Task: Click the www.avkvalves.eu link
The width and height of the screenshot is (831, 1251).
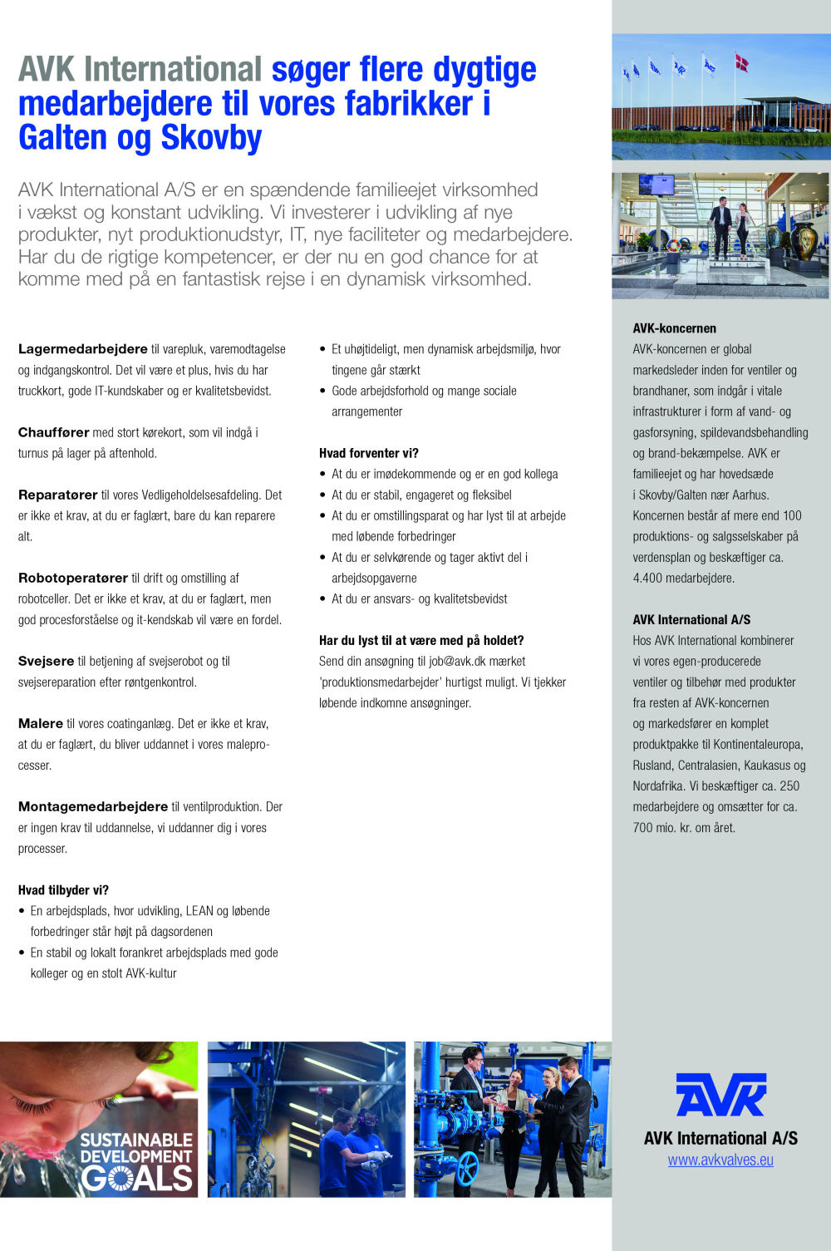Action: tap(720, 1160)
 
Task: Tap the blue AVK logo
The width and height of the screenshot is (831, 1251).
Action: tap(720, 1094)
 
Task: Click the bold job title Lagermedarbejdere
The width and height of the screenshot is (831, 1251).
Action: tap(83, 349)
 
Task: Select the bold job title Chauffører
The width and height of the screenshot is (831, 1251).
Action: tap(54, 432)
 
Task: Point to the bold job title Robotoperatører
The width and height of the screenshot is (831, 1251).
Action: tap(73, 578)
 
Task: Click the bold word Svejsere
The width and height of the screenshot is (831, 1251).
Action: tap(47, 661)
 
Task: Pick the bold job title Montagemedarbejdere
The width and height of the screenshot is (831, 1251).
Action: tap(93, 806)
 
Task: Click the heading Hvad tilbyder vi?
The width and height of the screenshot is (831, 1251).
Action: tap(63, 890)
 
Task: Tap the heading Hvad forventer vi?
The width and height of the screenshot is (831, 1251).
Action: tap(369, 453)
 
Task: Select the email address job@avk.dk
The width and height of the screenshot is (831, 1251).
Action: tap(457, 662)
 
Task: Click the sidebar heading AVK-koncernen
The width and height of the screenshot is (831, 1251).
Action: tap(674, 328)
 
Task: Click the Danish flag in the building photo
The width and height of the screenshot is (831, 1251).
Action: tap(741, 62)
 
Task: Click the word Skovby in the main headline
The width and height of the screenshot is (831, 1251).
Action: tap(211, 138)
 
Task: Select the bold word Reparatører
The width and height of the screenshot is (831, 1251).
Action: tap(58, 495)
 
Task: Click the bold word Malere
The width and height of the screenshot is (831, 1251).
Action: tap(41, 723)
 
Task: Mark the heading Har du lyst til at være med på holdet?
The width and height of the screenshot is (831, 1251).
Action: tap(421, 640)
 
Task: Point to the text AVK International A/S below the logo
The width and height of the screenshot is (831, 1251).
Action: tap(720, 1138)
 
